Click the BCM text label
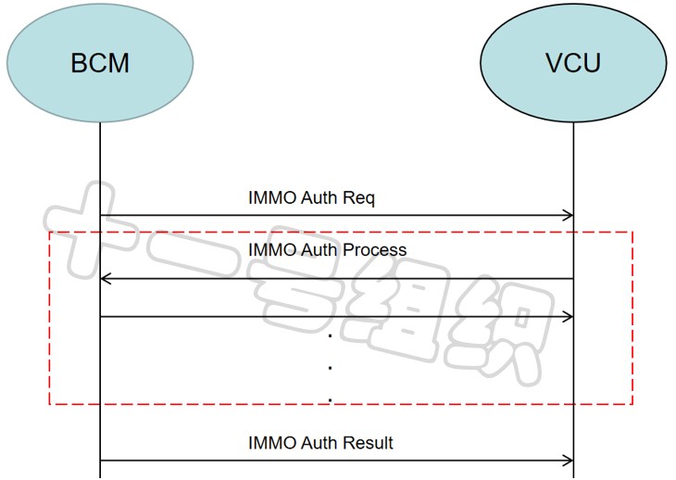pyautogui.click(x=100, y=63)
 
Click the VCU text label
pyautogui.click(x=573, y=63)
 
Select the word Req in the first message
pyautogui.click(x=358, y=198)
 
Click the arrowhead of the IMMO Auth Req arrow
pyautogui.click(x=569, y=215)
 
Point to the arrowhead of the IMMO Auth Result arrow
pyautogui.click(x=569, y=461)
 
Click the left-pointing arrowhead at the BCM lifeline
pyautogui.click(x=106, y=279)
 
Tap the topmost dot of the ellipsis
pyautogui.click(x=331, y=335)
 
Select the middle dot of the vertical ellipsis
pyautogui.click(x=331, y=368)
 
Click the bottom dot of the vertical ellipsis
pyautogui.click(x=331, y=400)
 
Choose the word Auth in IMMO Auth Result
pyautogui.click(x=319, y=443)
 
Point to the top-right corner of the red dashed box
pyautogui.click(x=632, y=232)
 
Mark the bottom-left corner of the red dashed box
pyautogui.click(x=50, y=404)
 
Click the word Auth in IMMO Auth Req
pyautogui.click(x=319, y=198)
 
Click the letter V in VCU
pyautogui.click(x=555, y=63)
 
